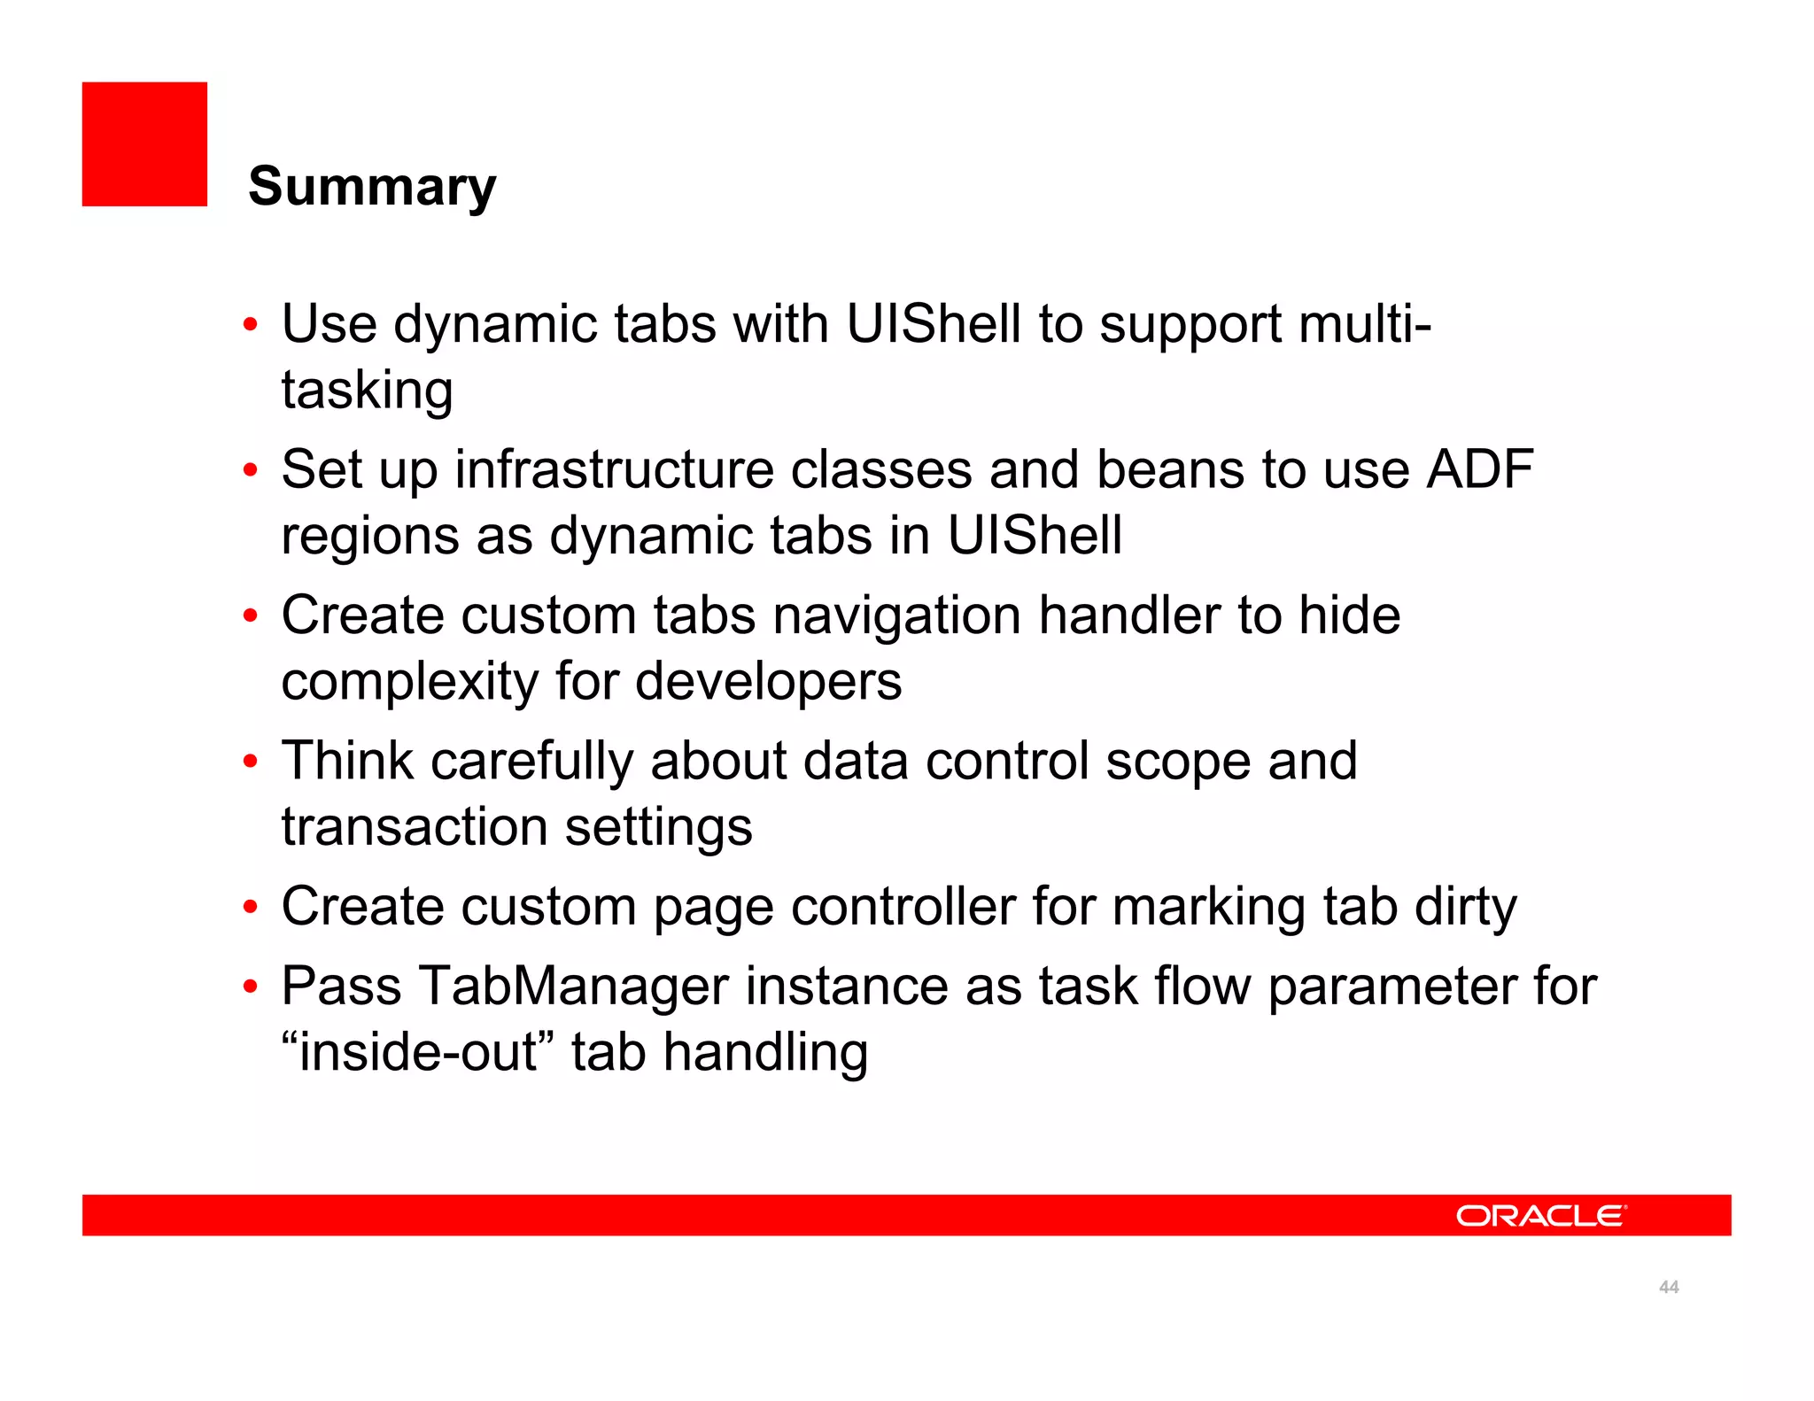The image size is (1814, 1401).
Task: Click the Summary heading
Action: click(372, 187)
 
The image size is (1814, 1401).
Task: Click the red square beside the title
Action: click(144, 144)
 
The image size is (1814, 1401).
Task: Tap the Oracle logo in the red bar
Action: click(1540, 1215)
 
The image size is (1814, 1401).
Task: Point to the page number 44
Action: click(1669, 1287)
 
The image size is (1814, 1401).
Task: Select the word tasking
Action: click(367, 391)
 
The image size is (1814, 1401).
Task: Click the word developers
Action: click(768, 681)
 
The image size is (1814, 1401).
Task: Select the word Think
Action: click(347, 761)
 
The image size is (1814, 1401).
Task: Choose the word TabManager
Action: click(573, 986)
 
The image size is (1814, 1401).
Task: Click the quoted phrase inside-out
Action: click(418, 1052)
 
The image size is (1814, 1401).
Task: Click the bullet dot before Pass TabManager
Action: click(251, 986)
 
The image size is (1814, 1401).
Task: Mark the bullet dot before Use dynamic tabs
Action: click(251, 324)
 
